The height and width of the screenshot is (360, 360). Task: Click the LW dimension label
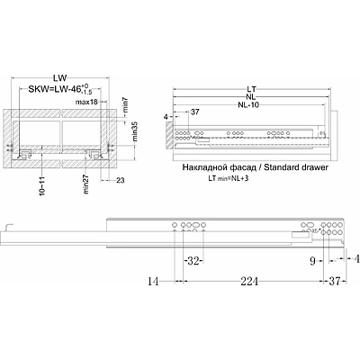coord(59,78)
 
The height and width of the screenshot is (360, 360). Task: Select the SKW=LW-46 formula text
coord(56,89)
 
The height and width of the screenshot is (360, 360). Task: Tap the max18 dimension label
coord(86,102)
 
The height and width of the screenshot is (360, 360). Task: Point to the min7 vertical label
coord(126,105)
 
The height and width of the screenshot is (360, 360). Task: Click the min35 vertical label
coord(135,130)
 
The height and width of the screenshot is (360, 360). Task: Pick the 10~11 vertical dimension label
coord(41,186)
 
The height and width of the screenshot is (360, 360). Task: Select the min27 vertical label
coord(86,184)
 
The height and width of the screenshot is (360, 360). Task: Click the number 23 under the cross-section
coord(121,180)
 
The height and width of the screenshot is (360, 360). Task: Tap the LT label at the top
coord(251,89)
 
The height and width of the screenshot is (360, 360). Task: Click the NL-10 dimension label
coord(248,104)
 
